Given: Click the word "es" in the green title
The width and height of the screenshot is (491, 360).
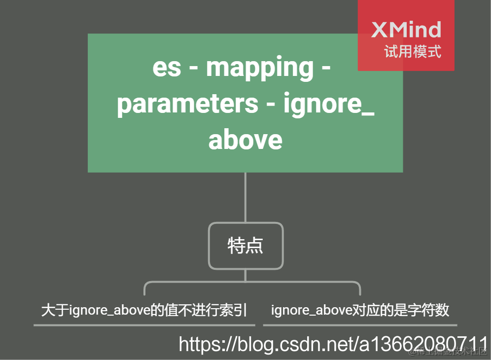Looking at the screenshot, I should pyautogui.click(x=167, y=68).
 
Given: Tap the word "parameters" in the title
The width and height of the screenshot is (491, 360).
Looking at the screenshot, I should pyautogui.click(x=187, y=104).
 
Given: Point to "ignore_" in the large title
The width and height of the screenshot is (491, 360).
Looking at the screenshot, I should pyautogui.click(x=329, y=104).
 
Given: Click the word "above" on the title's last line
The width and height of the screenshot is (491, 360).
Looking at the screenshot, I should pyautogui.click(x=245, y=140).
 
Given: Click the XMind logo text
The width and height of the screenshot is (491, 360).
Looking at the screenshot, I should pyautogui.click(x=406, y=30).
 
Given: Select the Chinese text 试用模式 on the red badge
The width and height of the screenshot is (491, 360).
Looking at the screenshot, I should pyautogui.click(x=413, y=51).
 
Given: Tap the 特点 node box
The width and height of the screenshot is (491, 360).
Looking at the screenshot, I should pyautogui.click(x=245, y=246).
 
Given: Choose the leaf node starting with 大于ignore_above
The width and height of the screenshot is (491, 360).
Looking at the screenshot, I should pyautogui.click(x=144, y=310).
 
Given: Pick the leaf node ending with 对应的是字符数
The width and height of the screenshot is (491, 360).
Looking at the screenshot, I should pyautogui.click(x=360, y=310).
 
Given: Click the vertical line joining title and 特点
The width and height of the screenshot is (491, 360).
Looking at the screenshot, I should pyautogui.click(x=245, y=197).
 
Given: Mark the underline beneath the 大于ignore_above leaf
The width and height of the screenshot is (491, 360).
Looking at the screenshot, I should pyautogui.click(x=144, y=325).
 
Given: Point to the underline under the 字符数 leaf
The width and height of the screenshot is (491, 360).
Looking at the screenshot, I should pyautogui.click(x=360, y=325).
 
